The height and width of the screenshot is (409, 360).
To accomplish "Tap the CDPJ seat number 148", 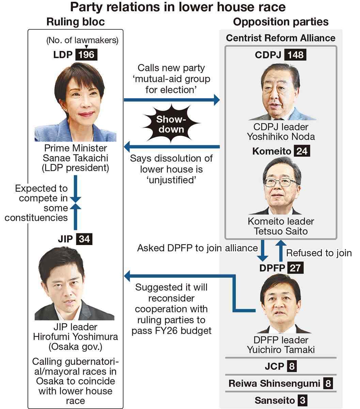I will pyautogui.click(x=295, y=55).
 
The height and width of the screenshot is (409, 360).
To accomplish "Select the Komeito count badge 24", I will pyautogui.click(x=302, y=151).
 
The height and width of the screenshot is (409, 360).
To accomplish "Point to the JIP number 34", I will pyautogui.click(x=84, y=239).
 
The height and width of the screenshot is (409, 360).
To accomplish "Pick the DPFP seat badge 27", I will pyautogui.click(x=295, y=268).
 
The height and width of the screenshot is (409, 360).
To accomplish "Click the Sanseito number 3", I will pyautogui.click(x=302, y=400).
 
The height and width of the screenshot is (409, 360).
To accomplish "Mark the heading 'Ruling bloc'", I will pyautogui.click(x=75, y=22).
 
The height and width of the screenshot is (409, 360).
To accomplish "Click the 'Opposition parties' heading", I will pyautogui.click(x=281, y=22).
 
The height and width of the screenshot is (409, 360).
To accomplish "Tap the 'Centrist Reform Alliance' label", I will pyautogui.click(x=281, y=38).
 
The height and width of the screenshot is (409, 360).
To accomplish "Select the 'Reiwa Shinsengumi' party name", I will pyautogui.click(x=274, y=383).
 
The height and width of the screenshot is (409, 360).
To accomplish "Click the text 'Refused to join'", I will pyautogui.click(x=319, y=253).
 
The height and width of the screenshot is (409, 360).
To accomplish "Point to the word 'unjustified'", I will pyautogui.click(x=172, y=180).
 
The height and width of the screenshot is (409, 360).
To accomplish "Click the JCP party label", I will pyautogui.click(x=274, y=366).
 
